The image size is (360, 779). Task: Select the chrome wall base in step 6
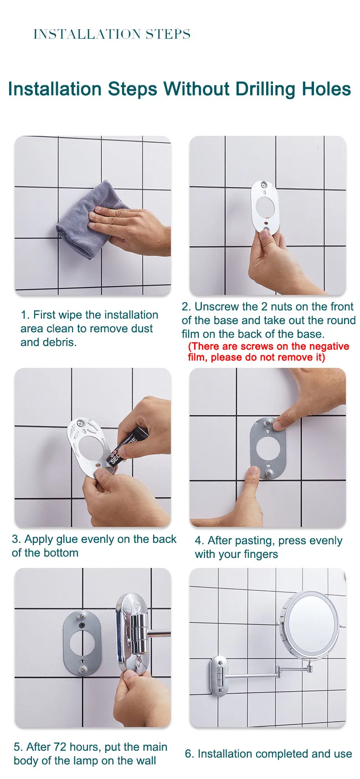coord(218,676)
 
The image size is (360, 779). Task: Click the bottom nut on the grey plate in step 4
coord(269,473)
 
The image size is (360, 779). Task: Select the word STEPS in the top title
coord(168,34)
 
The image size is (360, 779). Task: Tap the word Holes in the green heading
coord(326,89)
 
